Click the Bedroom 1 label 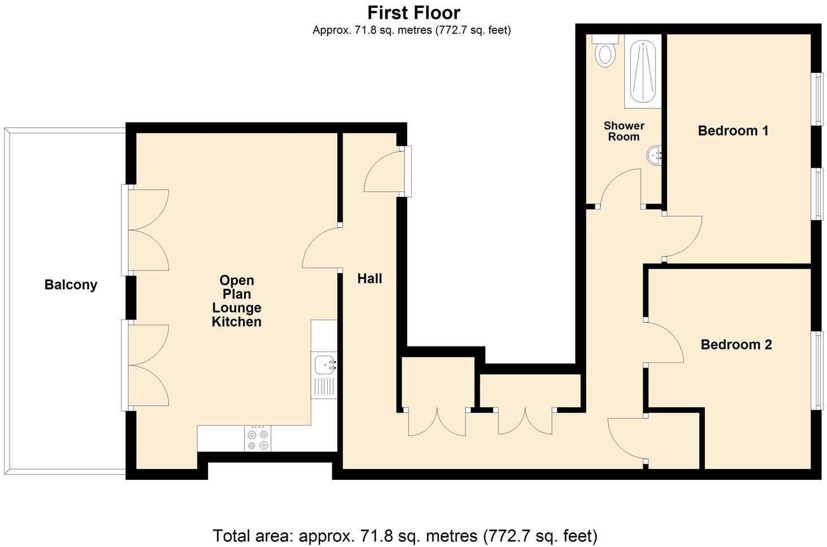pyautogui.click(x=733, y=131)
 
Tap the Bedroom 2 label pyautogui.click(x=735, y=344)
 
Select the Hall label pyautogui.click(x=369, y=278)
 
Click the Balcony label pyautogui.click(x=71, y=285)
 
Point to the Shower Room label pyautogui.click(x=624, y=131)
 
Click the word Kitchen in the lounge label pyautogui.click(x=236, y=322)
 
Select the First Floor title pyautogui.click(x=414, y=12)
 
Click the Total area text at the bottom pyautogui.click(x=404, y=535)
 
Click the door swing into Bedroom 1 pyautogui.click(x=682, y=237)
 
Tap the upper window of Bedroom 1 pyautogui.click(x=817, y=99)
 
